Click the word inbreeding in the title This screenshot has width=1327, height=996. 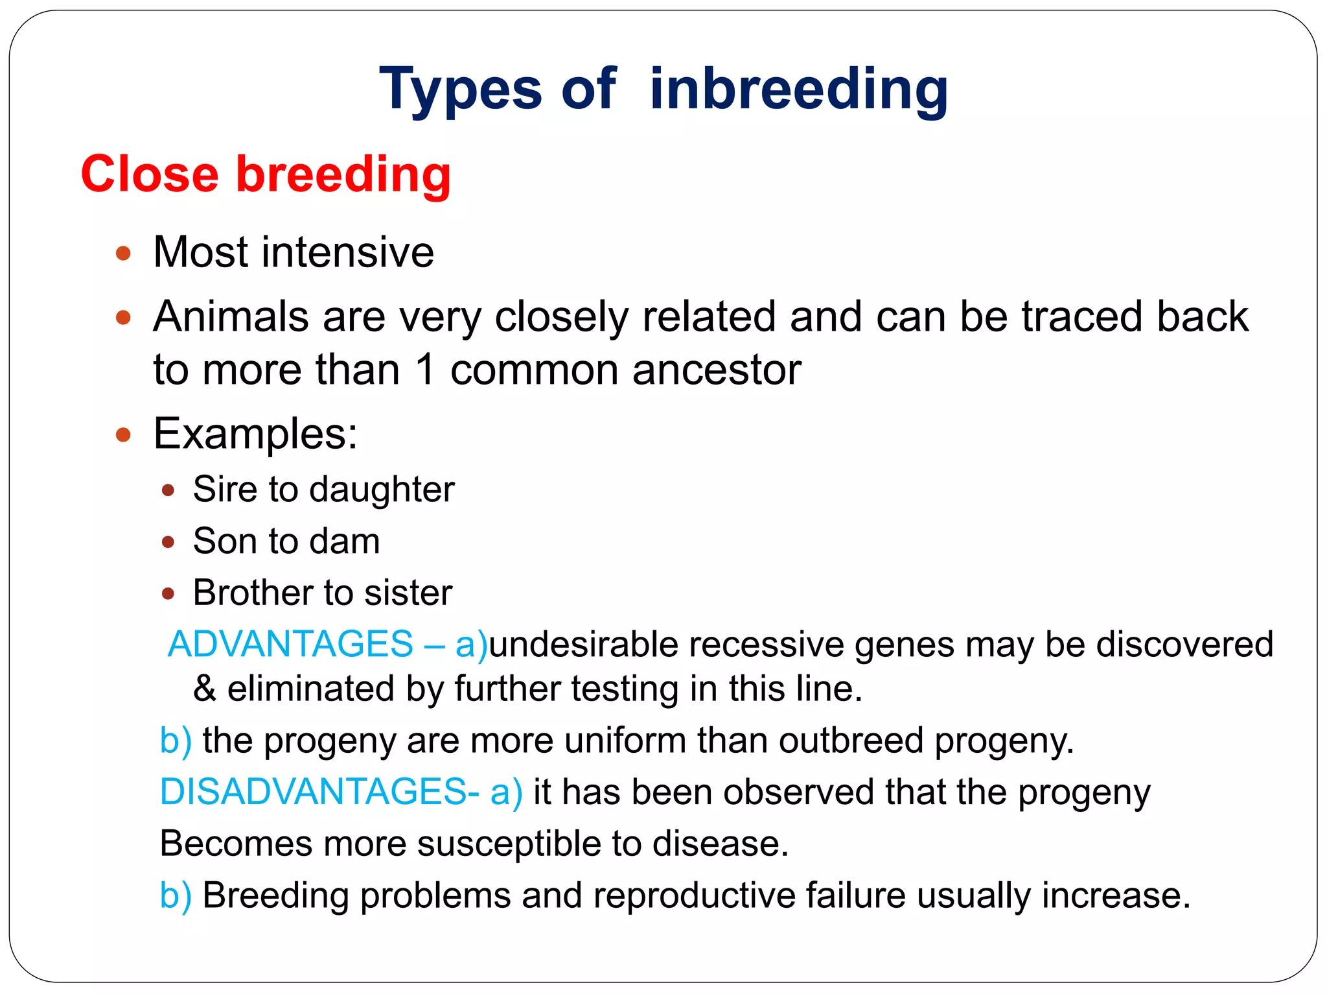[798, 89]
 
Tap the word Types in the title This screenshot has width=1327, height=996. [460, 89]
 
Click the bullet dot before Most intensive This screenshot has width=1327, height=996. [123, 253]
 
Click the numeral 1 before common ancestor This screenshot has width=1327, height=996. [425, 370]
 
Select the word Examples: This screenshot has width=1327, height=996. [255, 433]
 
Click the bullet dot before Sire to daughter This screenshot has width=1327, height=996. [168, 490]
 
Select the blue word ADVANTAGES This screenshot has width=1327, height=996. [290, 645]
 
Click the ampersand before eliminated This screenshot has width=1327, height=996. [204, 689]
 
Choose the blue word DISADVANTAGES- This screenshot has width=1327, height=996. [319, 792]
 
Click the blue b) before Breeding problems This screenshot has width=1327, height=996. [176, 896]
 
